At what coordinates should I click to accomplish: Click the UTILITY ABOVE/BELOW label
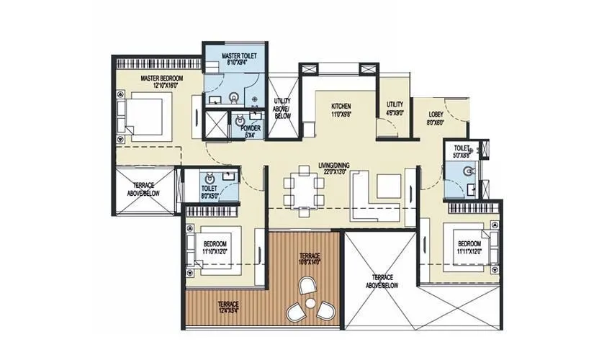pos(282,108)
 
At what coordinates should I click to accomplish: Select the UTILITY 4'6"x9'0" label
pos(395,108)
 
